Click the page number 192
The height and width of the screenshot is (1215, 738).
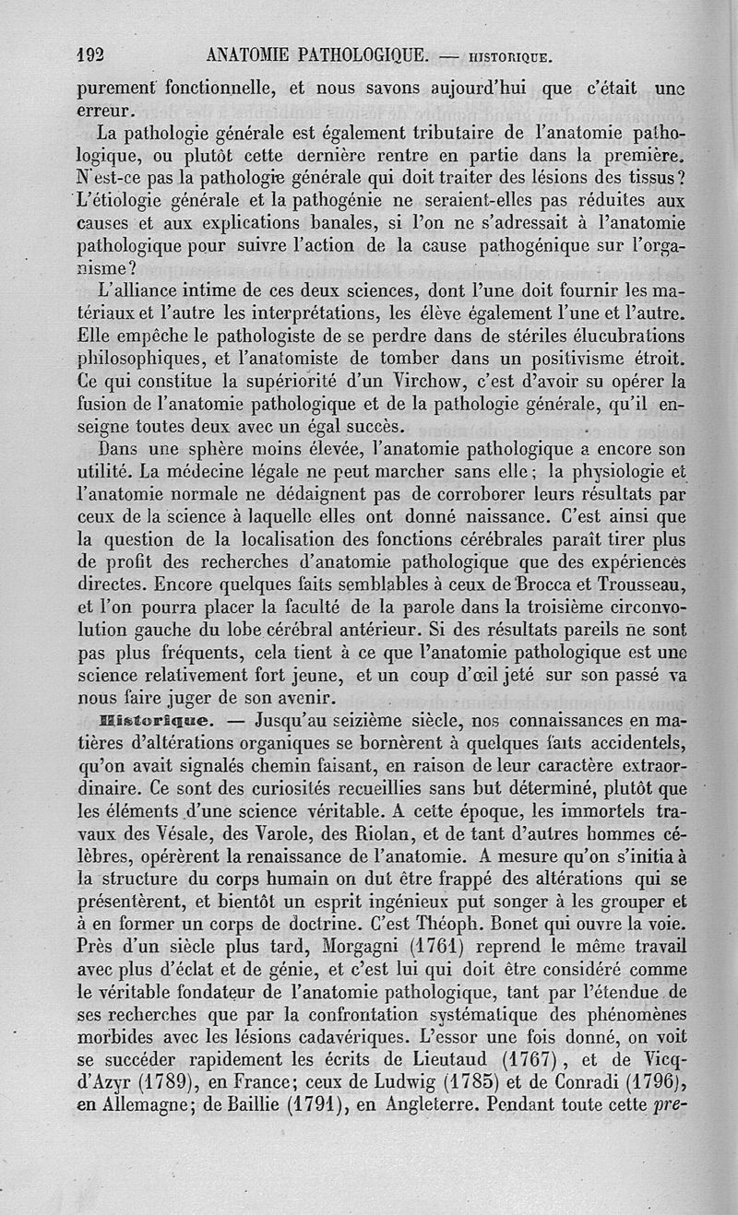[93, 54]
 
